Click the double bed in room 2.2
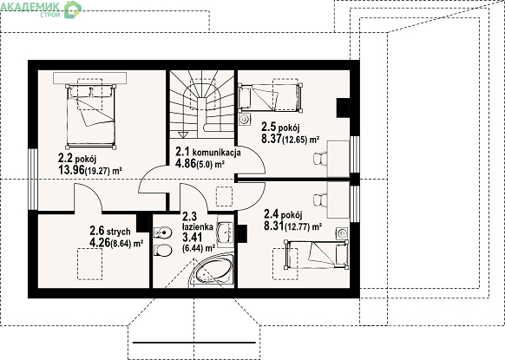point(91,116)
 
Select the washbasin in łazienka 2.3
point(225,232)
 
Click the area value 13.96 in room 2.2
point(71,169)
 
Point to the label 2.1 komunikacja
point(208,152)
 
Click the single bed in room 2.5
point(270,97)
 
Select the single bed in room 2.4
point(317,254)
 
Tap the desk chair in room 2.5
point(320,160)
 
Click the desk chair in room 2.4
point(320,200)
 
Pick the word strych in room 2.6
point(119,232)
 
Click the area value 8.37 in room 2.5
point(272,139)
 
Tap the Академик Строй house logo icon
point(73,9)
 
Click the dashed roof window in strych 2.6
point(90,264)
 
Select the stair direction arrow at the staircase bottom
point(184,134)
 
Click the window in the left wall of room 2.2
point(33,180)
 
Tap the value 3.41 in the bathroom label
point(193,238)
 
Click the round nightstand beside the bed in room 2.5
point(245,119)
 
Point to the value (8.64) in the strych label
point(121,244)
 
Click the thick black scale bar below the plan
point(194,343)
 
